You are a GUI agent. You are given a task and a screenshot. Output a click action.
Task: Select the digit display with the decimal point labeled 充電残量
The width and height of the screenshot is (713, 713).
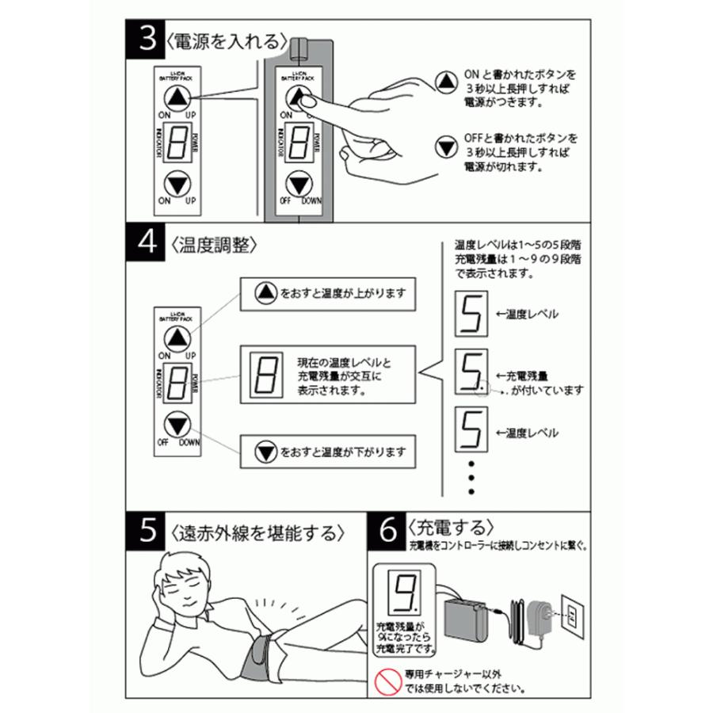pyautogui.click(x=470, y=374)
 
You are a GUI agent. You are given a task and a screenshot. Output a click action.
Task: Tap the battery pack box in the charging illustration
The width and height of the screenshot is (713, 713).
pyautogui.click(x=467, y=622)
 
